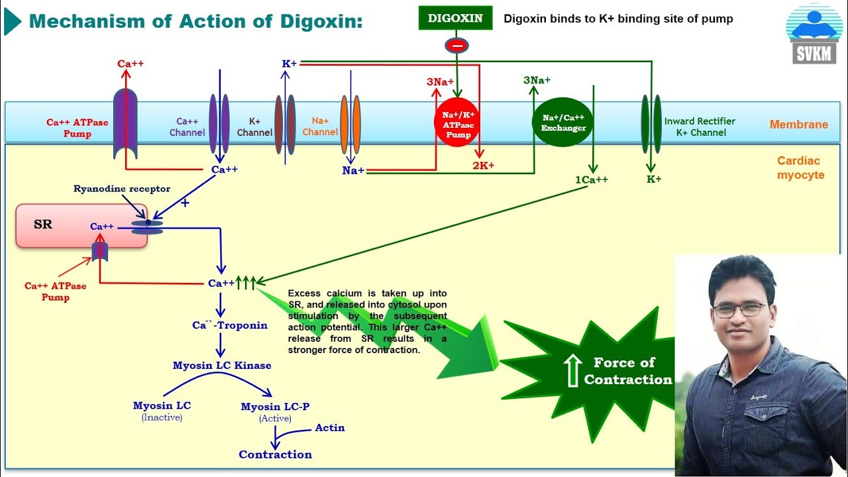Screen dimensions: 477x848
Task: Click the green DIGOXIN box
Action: coord(455,18)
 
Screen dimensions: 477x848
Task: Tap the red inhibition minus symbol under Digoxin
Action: coord(456,46)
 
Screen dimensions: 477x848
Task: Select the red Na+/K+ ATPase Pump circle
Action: coord(456,123)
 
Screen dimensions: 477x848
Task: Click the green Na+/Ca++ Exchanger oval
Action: coord(563,123)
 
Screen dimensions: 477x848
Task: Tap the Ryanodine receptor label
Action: coord(122,189)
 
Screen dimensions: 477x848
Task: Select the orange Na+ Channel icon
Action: coord(350,124)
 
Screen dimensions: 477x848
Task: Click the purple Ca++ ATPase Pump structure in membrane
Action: coord(125,124)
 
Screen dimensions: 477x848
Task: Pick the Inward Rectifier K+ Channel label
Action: coord(700,127)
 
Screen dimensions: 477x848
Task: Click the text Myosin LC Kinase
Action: coord(222,365)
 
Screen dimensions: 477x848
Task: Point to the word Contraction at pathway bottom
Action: coord(275,454)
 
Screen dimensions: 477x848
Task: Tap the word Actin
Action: coord(330,427)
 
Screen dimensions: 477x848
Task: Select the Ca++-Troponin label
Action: coord(230,325)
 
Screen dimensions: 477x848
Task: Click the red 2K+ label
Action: coord(483,166)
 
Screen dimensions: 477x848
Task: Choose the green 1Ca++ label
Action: coord(591,180)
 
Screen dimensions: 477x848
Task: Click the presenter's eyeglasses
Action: coord(740,309)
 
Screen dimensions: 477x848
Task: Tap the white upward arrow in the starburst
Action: coord(571,370)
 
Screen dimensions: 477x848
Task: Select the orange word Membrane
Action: coord(798,125)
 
